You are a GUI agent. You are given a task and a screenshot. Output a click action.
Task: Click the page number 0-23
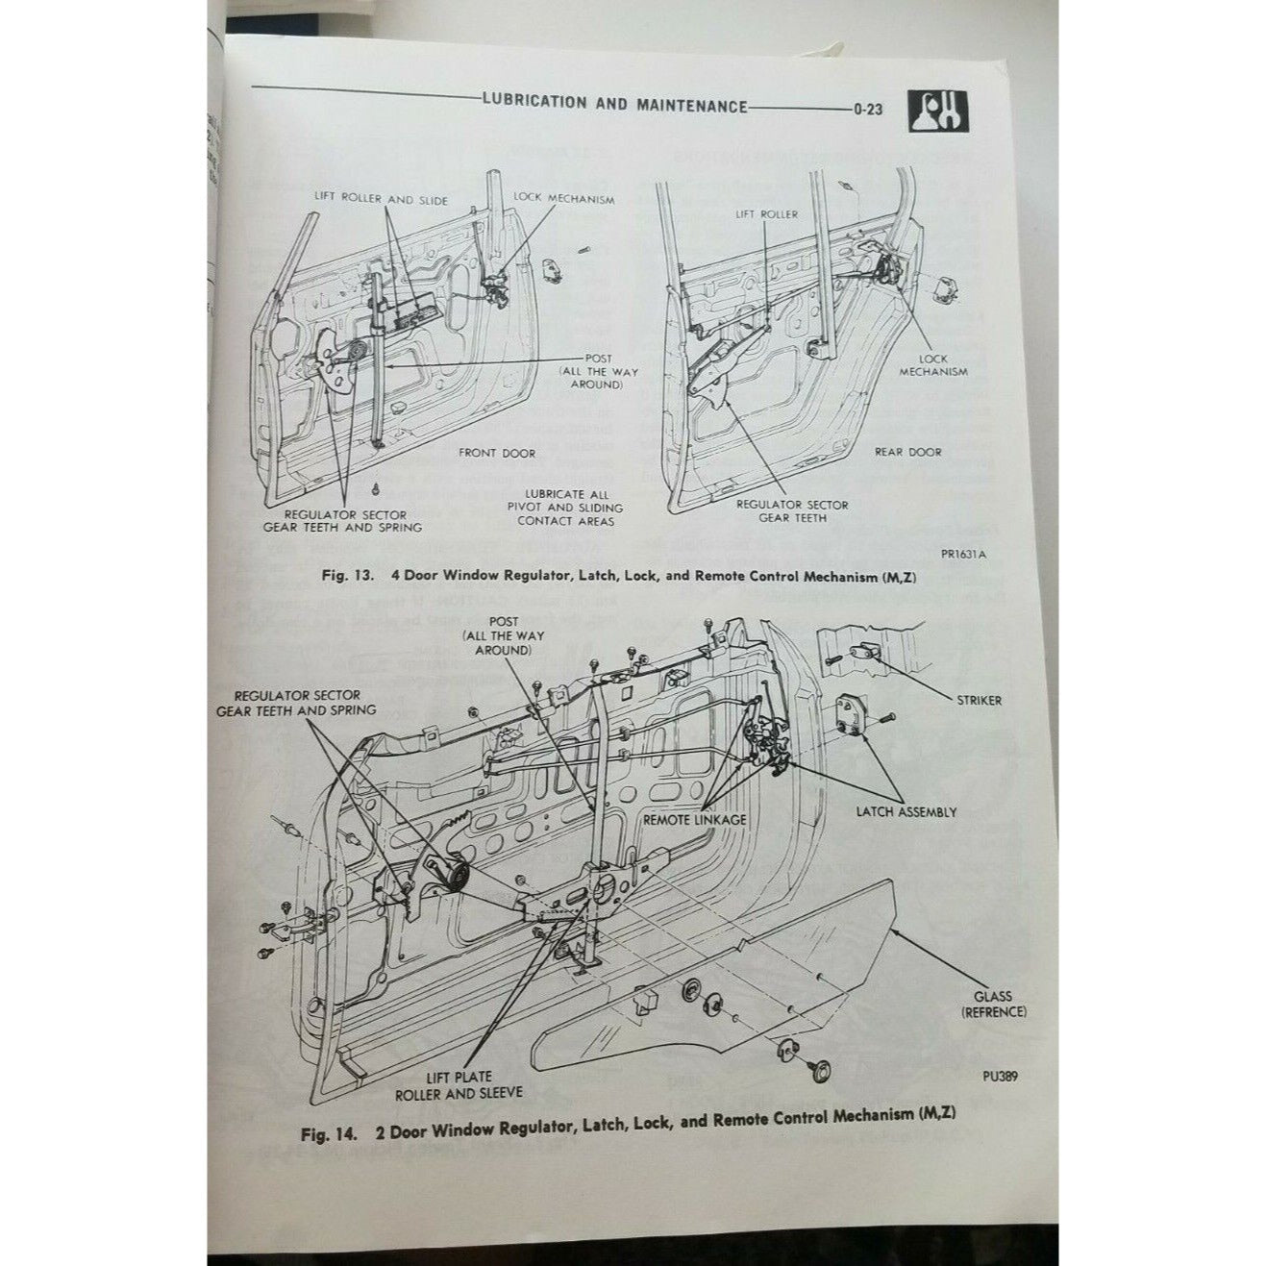click(x=866, y=109)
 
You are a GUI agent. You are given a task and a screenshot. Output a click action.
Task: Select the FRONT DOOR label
click(x=497, y=453)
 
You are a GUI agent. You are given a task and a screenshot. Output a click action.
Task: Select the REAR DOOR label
click(x=907, y=451)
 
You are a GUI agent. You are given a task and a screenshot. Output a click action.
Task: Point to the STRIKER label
click(x=979, y=700)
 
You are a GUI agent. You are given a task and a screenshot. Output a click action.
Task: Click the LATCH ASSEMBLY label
click(x=906, y=811)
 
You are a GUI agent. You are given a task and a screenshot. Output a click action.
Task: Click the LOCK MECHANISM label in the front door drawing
click(x=563, y=198)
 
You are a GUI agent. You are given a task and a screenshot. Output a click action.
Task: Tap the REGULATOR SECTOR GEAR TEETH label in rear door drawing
click(x=792, y=510)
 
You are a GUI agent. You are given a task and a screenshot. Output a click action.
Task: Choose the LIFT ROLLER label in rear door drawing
click(x=766, y=213)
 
